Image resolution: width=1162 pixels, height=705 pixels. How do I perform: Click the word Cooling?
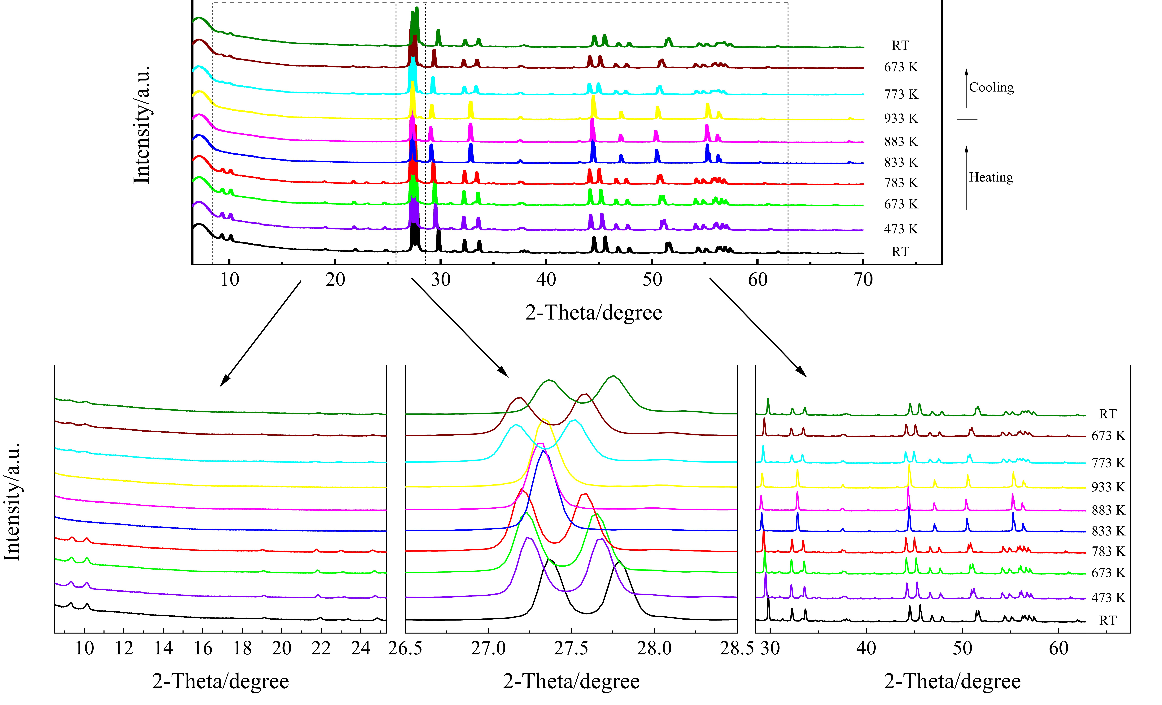[x=991, y=88]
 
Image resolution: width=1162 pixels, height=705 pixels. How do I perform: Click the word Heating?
[x=991, y=178]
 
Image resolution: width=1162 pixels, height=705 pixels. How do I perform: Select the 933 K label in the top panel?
[x=901, y=119]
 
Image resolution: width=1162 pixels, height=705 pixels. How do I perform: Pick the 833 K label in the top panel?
[x=901, y=163]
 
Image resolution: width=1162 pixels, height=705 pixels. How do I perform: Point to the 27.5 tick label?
[x=571, y=648]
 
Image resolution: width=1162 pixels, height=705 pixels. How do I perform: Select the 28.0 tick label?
[x=654, y=648]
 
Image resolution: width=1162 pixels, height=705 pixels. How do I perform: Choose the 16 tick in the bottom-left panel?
[x=203, y=648]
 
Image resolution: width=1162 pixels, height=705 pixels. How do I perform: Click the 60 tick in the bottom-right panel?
[x=1059, y=648]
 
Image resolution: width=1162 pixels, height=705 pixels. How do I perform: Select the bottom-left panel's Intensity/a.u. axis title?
[x=12, y=502]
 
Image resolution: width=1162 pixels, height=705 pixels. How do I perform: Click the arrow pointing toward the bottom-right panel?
[x=758, y=327]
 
